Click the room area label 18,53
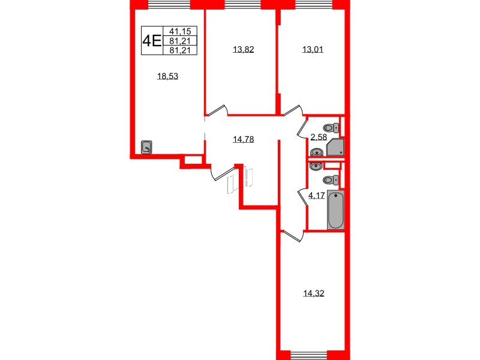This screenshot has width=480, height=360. point(168,76)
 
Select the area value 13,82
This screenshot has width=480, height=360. point(243,50)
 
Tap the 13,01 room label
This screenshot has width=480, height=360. point(312,50)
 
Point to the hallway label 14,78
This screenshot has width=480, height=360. point(243,140)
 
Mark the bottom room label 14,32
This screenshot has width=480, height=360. point(313,293)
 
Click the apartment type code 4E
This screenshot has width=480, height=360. point(151,40)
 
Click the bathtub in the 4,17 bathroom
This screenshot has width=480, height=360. point(336,210)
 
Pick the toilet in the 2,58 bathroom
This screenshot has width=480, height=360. point(331,127)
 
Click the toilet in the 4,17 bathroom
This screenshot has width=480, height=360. point(331,180)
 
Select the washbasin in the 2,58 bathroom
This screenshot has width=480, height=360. point(316,152)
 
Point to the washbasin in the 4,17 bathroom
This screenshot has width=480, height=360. point(316,165)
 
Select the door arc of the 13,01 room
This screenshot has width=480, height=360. point(293,112)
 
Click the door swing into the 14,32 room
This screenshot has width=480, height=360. point(293,236)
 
